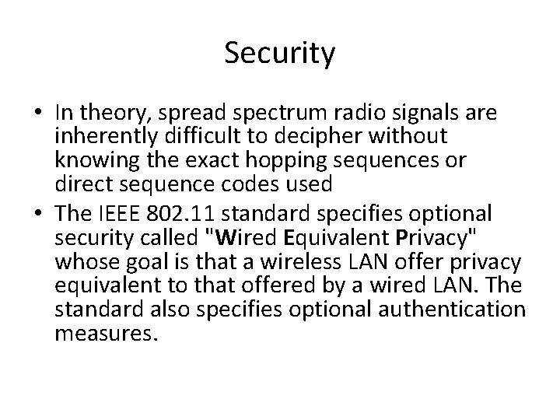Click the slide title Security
pyautogui.click(x=279, y=54)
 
